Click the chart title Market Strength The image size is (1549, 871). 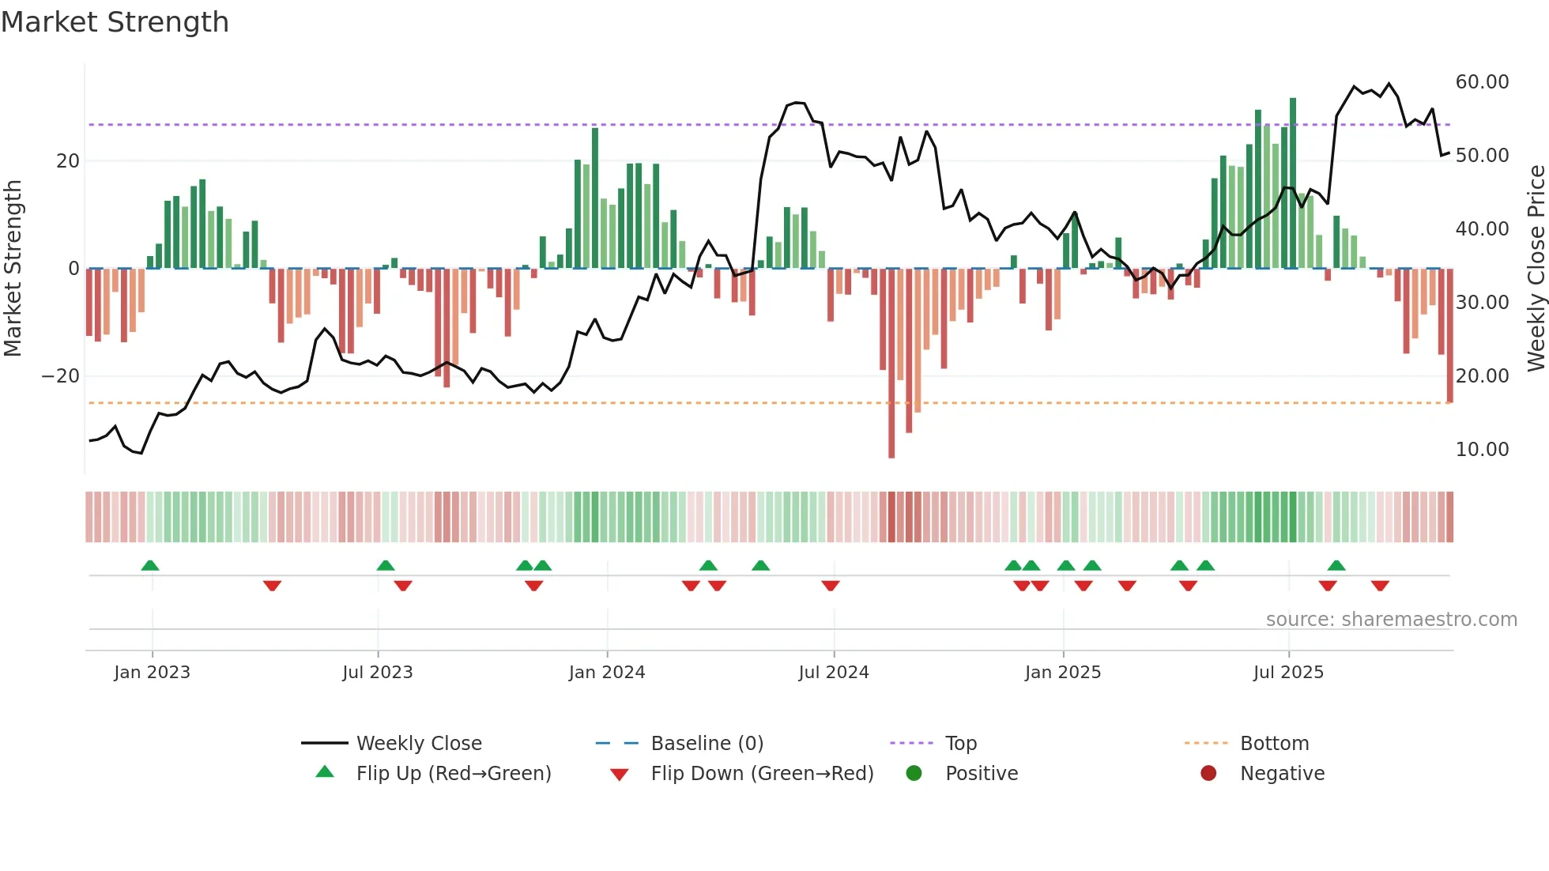[x=115, y=22]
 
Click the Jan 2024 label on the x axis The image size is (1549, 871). [x=607, y=673]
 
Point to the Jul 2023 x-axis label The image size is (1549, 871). [x=378, y=673]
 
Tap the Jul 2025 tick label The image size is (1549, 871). [x=1288, y=673]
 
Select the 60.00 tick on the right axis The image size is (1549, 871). [x=1482, y=82]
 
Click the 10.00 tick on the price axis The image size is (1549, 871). [x=1482, y=450]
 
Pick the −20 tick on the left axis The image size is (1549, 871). [x=61, y=376]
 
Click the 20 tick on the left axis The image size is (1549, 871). [x=68, y=161]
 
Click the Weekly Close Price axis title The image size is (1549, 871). [x=1536, y=269]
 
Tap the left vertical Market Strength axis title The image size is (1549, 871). [x=13, y=269]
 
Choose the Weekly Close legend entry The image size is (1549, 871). [x=419, y=744]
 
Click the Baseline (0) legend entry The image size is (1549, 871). [x=707, y=744]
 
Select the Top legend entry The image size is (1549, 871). [x=961, y=744]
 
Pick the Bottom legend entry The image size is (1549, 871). [x=1274, y=744]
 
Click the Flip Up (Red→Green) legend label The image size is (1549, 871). [x=454, y=774]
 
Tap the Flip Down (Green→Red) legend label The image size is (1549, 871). [x=762, y=774]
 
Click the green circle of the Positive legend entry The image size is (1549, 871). [x=914, y=774]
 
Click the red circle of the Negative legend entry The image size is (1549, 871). [x=1208, y=774]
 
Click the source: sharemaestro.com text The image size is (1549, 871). [x=1391, y=620]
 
